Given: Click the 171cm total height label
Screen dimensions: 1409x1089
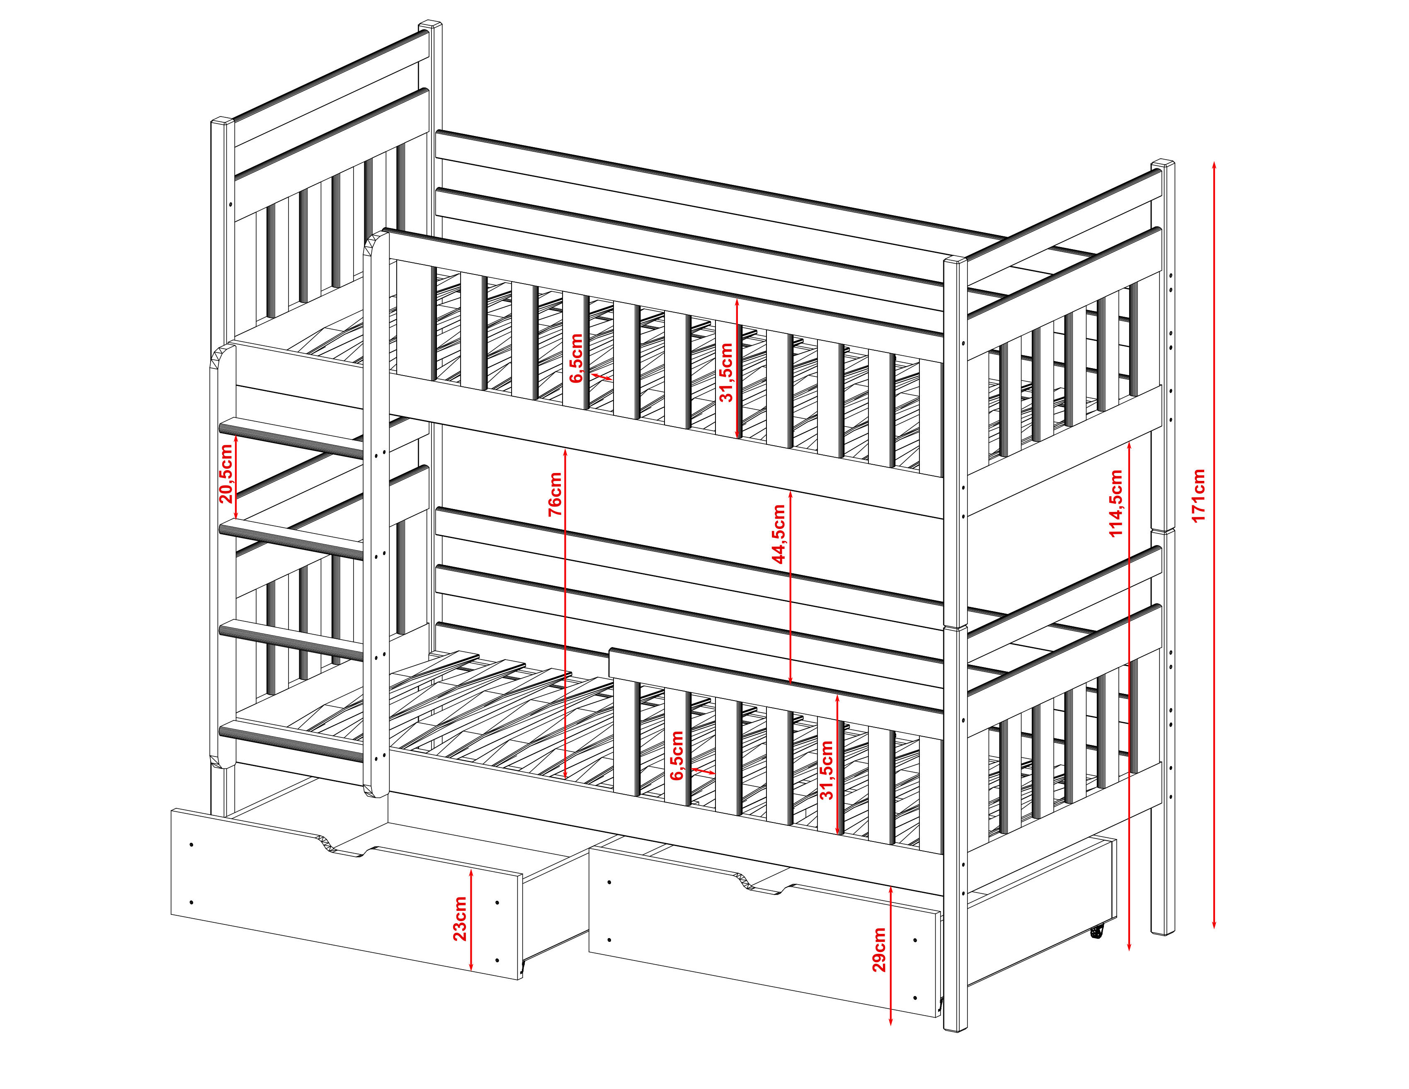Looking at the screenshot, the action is coord(1198,495).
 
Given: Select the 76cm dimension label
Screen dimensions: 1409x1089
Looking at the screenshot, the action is coord(555,494).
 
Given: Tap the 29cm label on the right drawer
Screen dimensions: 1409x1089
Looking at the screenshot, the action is coord(878,950).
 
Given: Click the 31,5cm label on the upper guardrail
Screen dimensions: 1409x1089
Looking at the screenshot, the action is coord(726,373).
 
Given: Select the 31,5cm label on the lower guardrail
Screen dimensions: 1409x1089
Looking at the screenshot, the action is coord(827,770).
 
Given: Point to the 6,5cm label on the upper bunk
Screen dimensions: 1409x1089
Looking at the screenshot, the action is coord(576,358).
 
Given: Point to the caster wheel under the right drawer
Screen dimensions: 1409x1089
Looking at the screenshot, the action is coord(1096,931).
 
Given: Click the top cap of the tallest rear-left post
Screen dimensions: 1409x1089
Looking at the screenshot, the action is coord(430,25).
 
